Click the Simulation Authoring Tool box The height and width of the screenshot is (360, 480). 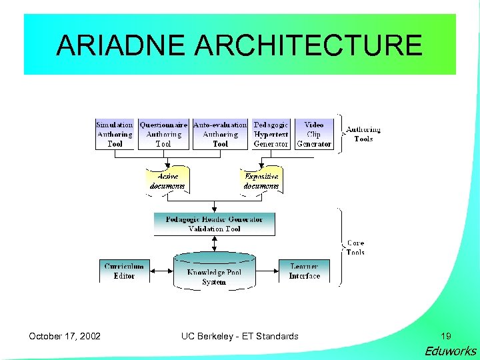coord(115,134)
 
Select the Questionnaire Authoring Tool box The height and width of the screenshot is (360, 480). coord(163,134)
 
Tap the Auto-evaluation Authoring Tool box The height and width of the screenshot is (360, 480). coord(220,134)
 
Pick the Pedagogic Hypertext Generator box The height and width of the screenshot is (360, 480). coord(271,134)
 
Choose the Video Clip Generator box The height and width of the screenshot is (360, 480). coord(314,134)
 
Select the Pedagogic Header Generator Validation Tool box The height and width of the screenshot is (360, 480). coord(214,224)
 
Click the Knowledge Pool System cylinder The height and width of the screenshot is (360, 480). coord(214,271)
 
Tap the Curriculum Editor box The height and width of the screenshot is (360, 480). coord(124,271)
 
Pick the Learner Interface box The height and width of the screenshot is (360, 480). coord(305,271)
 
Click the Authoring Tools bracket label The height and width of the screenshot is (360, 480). coord(363,134)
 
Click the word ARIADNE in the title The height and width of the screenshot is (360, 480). coord(119,45)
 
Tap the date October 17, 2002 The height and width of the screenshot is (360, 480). coord(65,336)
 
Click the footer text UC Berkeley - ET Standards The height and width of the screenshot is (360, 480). coord(240,336)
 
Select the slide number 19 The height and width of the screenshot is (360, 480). coord(445,336)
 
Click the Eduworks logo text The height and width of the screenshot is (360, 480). coord(451,351)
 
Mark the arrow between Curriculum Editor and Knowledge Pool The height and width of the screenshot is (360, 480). coord(162,271)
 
